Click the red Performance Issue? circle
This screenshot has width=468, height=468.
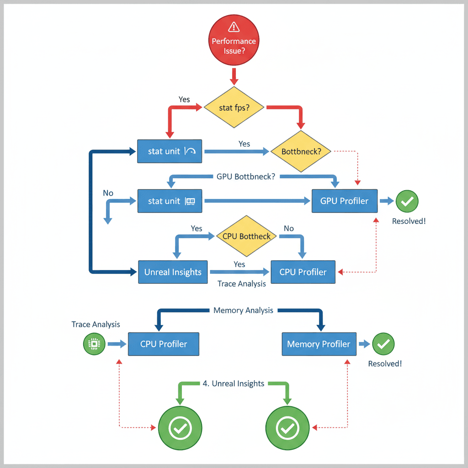pyautogui.click(x=234, y=41)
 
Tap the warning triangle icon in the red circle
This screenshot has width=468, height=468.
pyautogui.click(x=234, y=27)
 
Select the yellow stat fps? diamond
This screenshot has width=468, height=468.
pyautogui.click(x=234, y=107)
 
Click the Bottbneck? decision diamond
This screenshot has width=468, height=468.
pyautogui.click(x=301, y=151)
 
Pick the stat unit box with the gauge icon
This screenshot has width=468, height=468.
pyautogui.click(x=170, y=151)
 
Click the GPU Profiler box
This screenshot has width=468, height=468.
pyautogui.click(x=345, y=201)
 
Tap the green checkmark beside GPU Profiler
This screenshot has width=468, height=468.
pyautogui.click(x=406, y=201)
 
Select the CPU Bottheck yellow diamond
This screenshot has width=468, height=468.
pyautogui.click(x=246, y=236)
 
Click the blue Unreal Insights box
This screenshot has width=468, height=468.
pyautogui.click(x=173, y=272)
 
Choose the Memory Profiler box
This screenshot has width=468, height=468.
pyautogui.click(x=319, y=344)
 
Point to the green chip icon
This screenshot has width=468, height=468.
pyautogui.click(x=94, y=344)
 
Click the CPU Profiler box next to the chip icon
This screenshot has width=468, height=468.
pyautogui.click(x=164, y=344)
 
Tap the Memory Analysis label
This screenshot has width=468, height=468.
pyautogui.click(x=243, y=310)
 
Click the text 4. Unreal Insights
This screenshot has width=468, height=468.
pyautogui.click(x=233, y=383)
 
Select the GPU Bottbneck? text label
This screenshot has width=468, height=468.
pyautogui.click(x=245, y=176)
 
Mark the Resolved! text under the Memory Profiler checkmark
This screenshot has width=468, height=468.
pyautogui.click(x=385, y=364)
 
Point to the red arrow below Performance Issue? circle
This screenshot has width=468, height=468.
pyautogui.click(x=234, y=76)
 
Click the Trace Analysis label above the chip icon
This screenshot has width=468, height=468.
pyautogui.click(x=96, y=324)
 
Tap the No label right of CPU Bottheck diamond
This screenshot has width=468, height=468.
pyautogui.click(x=289, y=228)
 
